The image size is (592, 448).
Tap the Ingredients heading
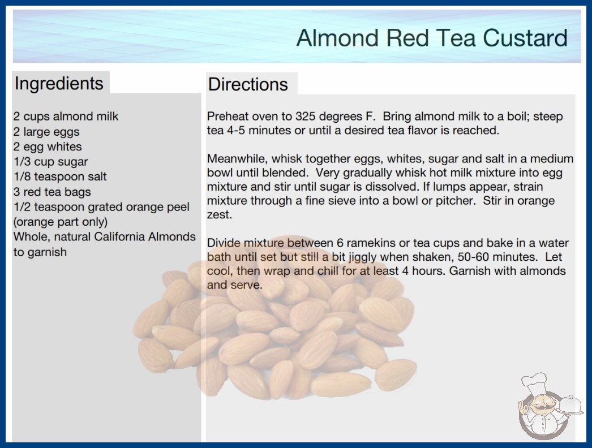coord(59,84)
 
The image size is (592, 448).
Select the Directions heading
coord(248,84)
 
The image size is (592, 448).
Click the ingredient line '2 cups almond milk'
coord(66,117)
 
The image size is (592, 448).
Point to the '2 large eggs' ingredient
coord(46,132)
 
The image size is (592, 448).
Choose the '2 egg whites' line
coord(48,147)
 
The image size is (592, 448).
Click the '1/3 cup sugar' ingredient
coord(50,162)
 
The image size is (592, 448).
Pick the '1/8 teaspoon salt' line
coord(60,176)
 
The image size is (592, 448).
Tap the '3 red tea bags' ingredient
coord(52,192)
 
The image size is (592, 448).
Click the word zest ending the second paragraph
coord(220,215)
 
